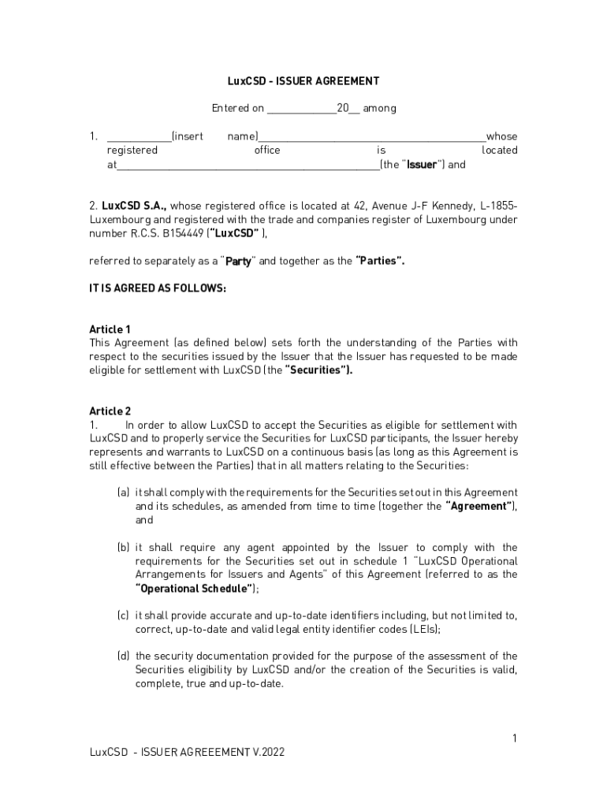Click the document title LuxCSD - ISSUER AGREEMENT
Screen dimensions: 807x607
[x=303, y=81]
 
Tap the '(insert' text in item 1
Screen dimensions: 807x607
[x=187, y=136]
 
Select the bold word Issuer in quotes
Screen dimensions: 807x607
[x=422, y=165]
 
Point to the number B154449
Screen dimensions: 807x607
[x=183, y=233]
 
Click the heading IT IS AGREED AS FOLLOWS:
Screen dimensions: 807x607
[x=158, y=288]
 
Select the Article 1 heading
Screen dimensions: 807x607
[x=110, y=329]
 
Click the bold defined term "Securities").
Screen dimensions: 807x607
[x=318, y=370]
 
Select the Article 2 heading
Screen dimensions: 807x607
[x=110, y=411]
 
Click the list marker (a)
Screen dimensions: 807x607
[x=123, y=493]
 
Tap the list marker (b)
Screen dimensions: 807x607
[x=123, y=547]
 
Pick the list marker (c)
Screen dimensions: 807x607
[x=123, y=615]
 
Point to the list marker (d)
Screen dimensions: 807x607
[x=123, y=656]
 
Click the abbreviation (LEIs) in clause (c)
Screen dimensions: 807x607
[x=423, y=629]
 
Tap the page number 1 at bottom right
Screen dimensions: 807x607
[x=514, y=738]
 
